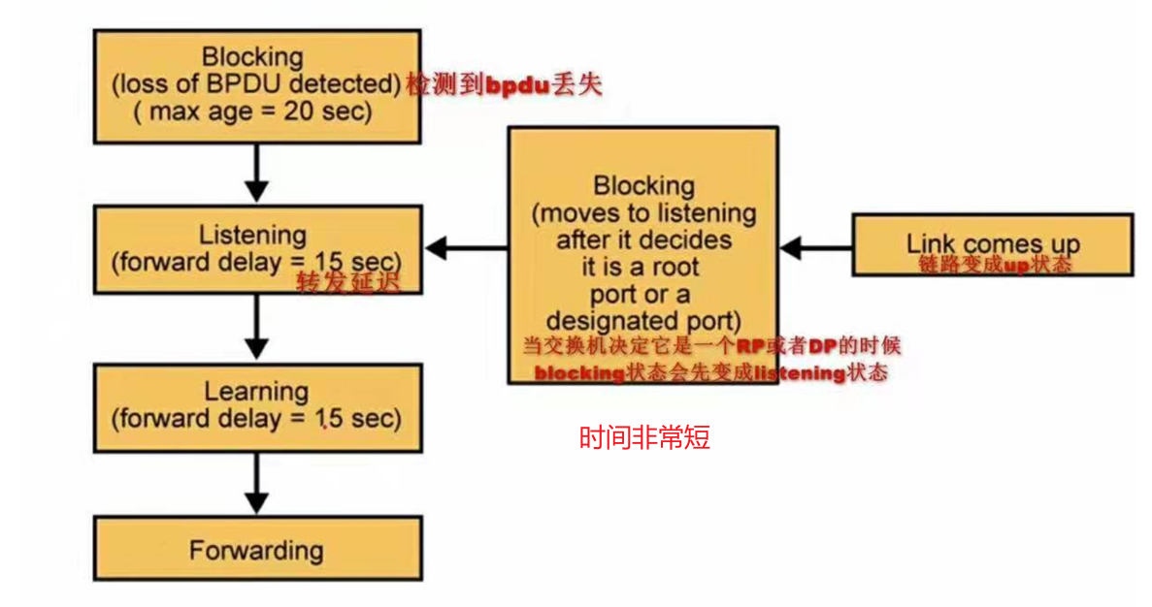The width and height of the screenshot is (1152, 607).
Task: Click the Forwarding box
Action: point(257,549)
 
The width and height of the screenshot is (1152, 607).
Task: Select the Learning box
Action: point(257,407)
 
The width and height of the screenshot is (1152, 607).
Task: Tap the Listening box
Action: point(257,249)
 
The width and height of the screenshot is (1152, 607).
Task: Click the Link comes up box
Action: point(992,244)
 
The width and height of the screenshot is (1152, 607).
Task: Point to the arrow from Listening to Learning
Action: point(257,327)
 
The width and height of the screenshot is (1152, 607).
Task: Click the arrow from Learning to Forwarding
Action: point(257,484)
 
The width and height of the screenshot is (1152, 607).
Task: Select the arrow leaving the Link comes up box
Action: point(815,248)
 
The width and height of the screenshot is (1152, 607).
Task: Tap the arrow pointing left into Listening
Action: point(466,248)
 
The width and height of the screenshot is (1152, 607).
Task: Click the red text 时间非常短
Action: point(644,438)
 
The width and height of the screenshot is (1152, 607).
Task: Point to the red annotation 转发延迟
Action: point(347,282)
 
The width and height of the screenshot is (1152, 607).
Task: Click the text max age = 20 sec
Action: point(253,111)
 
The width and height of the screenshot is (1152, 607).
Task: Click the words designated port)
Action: point(643,320)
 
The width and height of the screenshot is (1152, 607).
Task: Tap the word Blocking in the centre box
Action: point(643,185)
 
